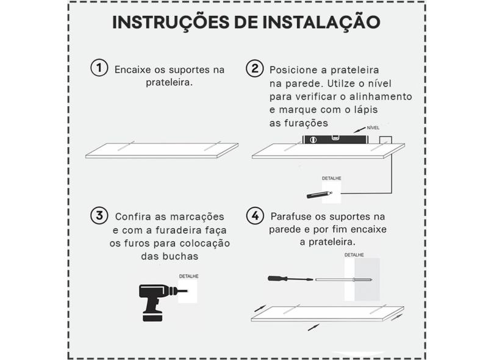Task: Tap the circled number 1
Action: [x=99, y=68]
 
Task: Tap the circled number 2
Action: [x=254, y=68]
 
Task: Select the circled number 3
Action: [x=99, y=215]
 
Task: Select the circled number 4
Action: [x=254, y=215]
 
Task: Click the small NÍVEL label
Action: [x=373, y=128]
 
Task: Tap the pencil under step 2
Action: [x=321, y=194]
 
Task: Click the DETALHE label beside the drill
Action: [x=188, y=276]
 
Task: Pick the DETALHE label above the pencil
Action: [x=331, y=178]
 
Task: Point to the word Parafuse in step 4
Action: [x=291, y=217]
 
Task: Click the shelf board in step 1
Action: [x=162, y=151]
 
